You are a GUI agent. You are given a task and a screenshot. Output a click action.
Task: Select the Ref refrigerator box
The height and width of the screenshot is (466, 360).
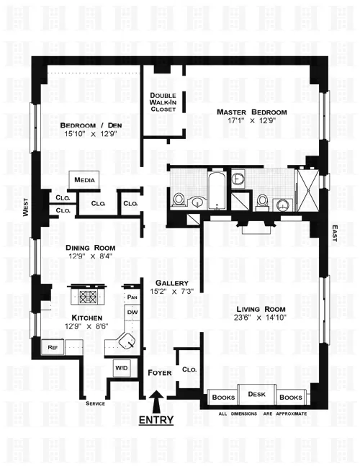pyautogui.click(x=52, y=347)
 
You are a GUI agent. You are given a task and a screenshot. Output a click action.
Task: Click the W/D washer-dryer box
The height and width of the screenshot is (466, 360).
pyautogui.click(x=120, y=368)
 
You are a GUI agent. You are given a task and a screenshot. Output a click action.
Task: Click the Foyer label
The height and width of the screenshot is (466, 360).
pyautogui.click(x=159, y=373)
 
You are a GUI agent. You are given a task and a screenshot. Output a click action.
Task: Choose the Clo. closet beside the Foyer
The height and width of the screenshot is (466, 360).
pyautogui.click(x=189, y=369)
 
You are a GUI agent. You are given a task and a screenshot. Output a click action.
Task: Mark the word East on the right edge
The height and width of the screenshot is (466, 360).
pyautogui.click(x=335, y=233)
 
